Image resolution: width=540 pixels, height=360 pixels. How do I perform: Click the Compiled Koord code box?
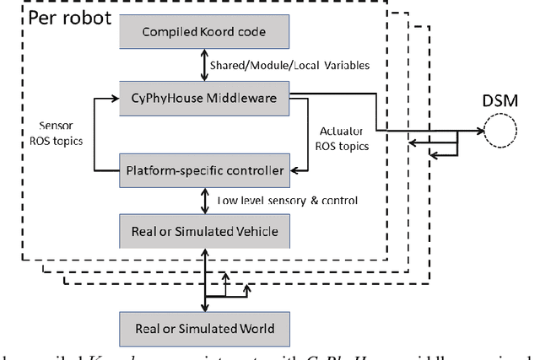pyautogui.click(x=205, y=33)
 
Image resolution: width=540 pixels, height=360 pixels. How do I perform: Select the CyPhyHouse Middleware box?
pyautogui.click(x=205, y=99)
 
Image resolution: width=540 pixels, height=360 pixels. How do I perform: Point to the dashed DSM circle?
pyautogui.click(x=499, y=133)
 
